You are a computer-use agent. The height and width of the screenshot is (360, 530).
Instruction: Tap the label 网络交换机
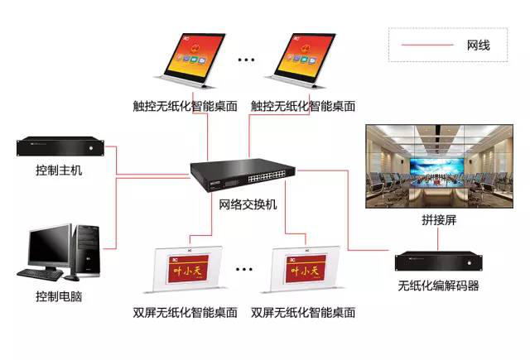[248, 204]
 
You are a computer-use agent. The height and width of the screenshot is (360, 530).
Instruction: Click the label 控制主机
[59, 170]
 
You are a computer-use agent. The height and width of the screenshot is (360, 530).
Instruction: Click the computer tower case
[86, 247]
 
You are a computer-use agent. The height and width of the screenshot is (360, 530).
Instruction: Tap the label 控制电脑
[59, 296]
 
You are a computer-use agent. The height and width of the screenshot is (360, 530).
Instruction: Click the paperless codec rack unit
[438, 261]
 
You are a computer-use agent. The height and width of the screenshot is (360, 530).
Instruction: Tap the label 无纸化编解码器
[438, 286]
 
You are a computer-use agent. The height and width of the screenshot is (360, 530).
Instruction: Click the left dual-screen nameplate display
[185, 268]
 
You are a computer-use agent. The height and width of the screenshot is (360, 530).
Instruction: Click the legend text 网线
[478, 45]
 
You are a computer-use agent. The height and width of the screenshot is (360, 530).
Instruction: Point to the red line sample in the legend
[426, 45]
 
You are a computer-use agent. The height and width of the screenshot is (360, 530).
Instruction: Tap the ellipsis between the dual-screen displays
[244, 270]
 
